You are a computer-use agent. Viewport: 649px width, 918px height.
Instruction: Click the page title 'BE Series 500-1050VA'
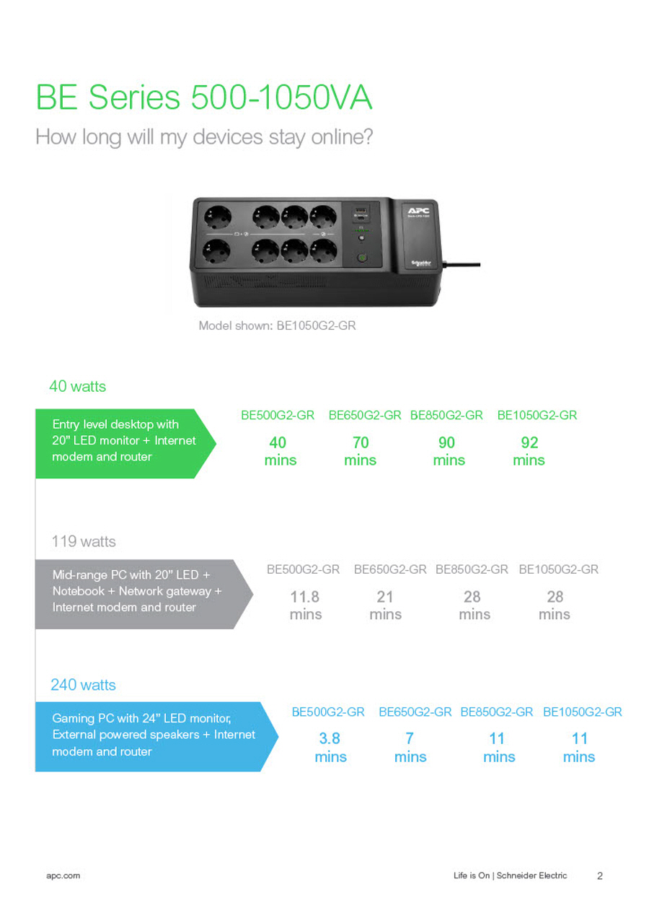click(204, 97)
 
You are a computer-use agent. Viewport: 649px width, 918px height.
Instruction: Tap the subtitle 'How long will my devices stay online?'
click(204, 137)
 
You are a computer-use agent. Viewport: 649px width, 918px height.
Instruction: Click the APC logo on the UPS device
click(418, 211)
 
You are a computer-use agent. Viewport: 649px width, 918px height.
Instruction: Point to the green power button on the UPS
click(362, 258)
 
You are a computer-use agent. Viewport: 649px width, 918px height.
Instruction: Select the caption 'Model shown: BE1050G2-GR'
click(277, 325)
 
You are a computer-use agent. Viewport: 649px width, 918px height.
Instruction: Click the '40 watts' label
click(77, 386)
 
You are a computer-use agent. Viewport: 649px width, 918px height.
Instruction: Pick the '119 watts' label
click(84, 541)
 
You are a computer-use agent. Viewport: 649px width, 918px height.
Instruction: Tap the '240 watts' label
click(83, 685)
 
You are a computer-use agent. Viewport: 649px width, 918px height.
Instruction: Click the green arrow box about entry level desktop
click(125, 443)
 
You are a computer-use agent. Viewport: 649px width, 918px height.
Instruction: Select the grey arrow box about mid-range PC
click(144, 594)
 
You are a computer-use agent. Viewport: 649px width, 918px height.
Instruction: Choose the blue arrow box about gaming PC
click(156, 737)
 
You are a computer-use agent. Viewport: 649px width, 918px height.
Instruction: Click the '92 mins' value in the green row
click(529, 451)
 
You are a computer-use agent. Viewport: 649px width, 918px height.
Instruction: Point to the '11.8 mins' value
click(306, 606)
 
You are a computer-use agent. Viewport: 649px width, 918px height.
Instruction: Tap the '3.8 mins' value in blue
click(330, 748)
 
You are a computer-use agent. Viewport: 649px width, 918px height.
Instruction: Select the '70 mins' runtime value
click(361, 451)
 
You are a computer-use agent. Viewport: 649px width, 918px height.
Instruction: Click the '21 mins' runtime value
click(385, 606)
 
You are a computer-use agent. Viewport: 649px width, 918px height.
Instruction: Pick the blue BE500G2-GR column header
click(328, 712)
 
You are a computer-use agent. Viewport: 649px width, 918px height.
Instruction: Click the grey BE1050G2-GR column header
click(559, 569)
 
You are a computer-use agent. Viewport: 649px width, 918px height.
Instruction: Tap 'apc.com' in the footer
click(63, 875)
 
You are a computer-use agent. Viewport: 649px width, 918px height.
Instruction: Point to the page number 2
click(600, 876)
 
